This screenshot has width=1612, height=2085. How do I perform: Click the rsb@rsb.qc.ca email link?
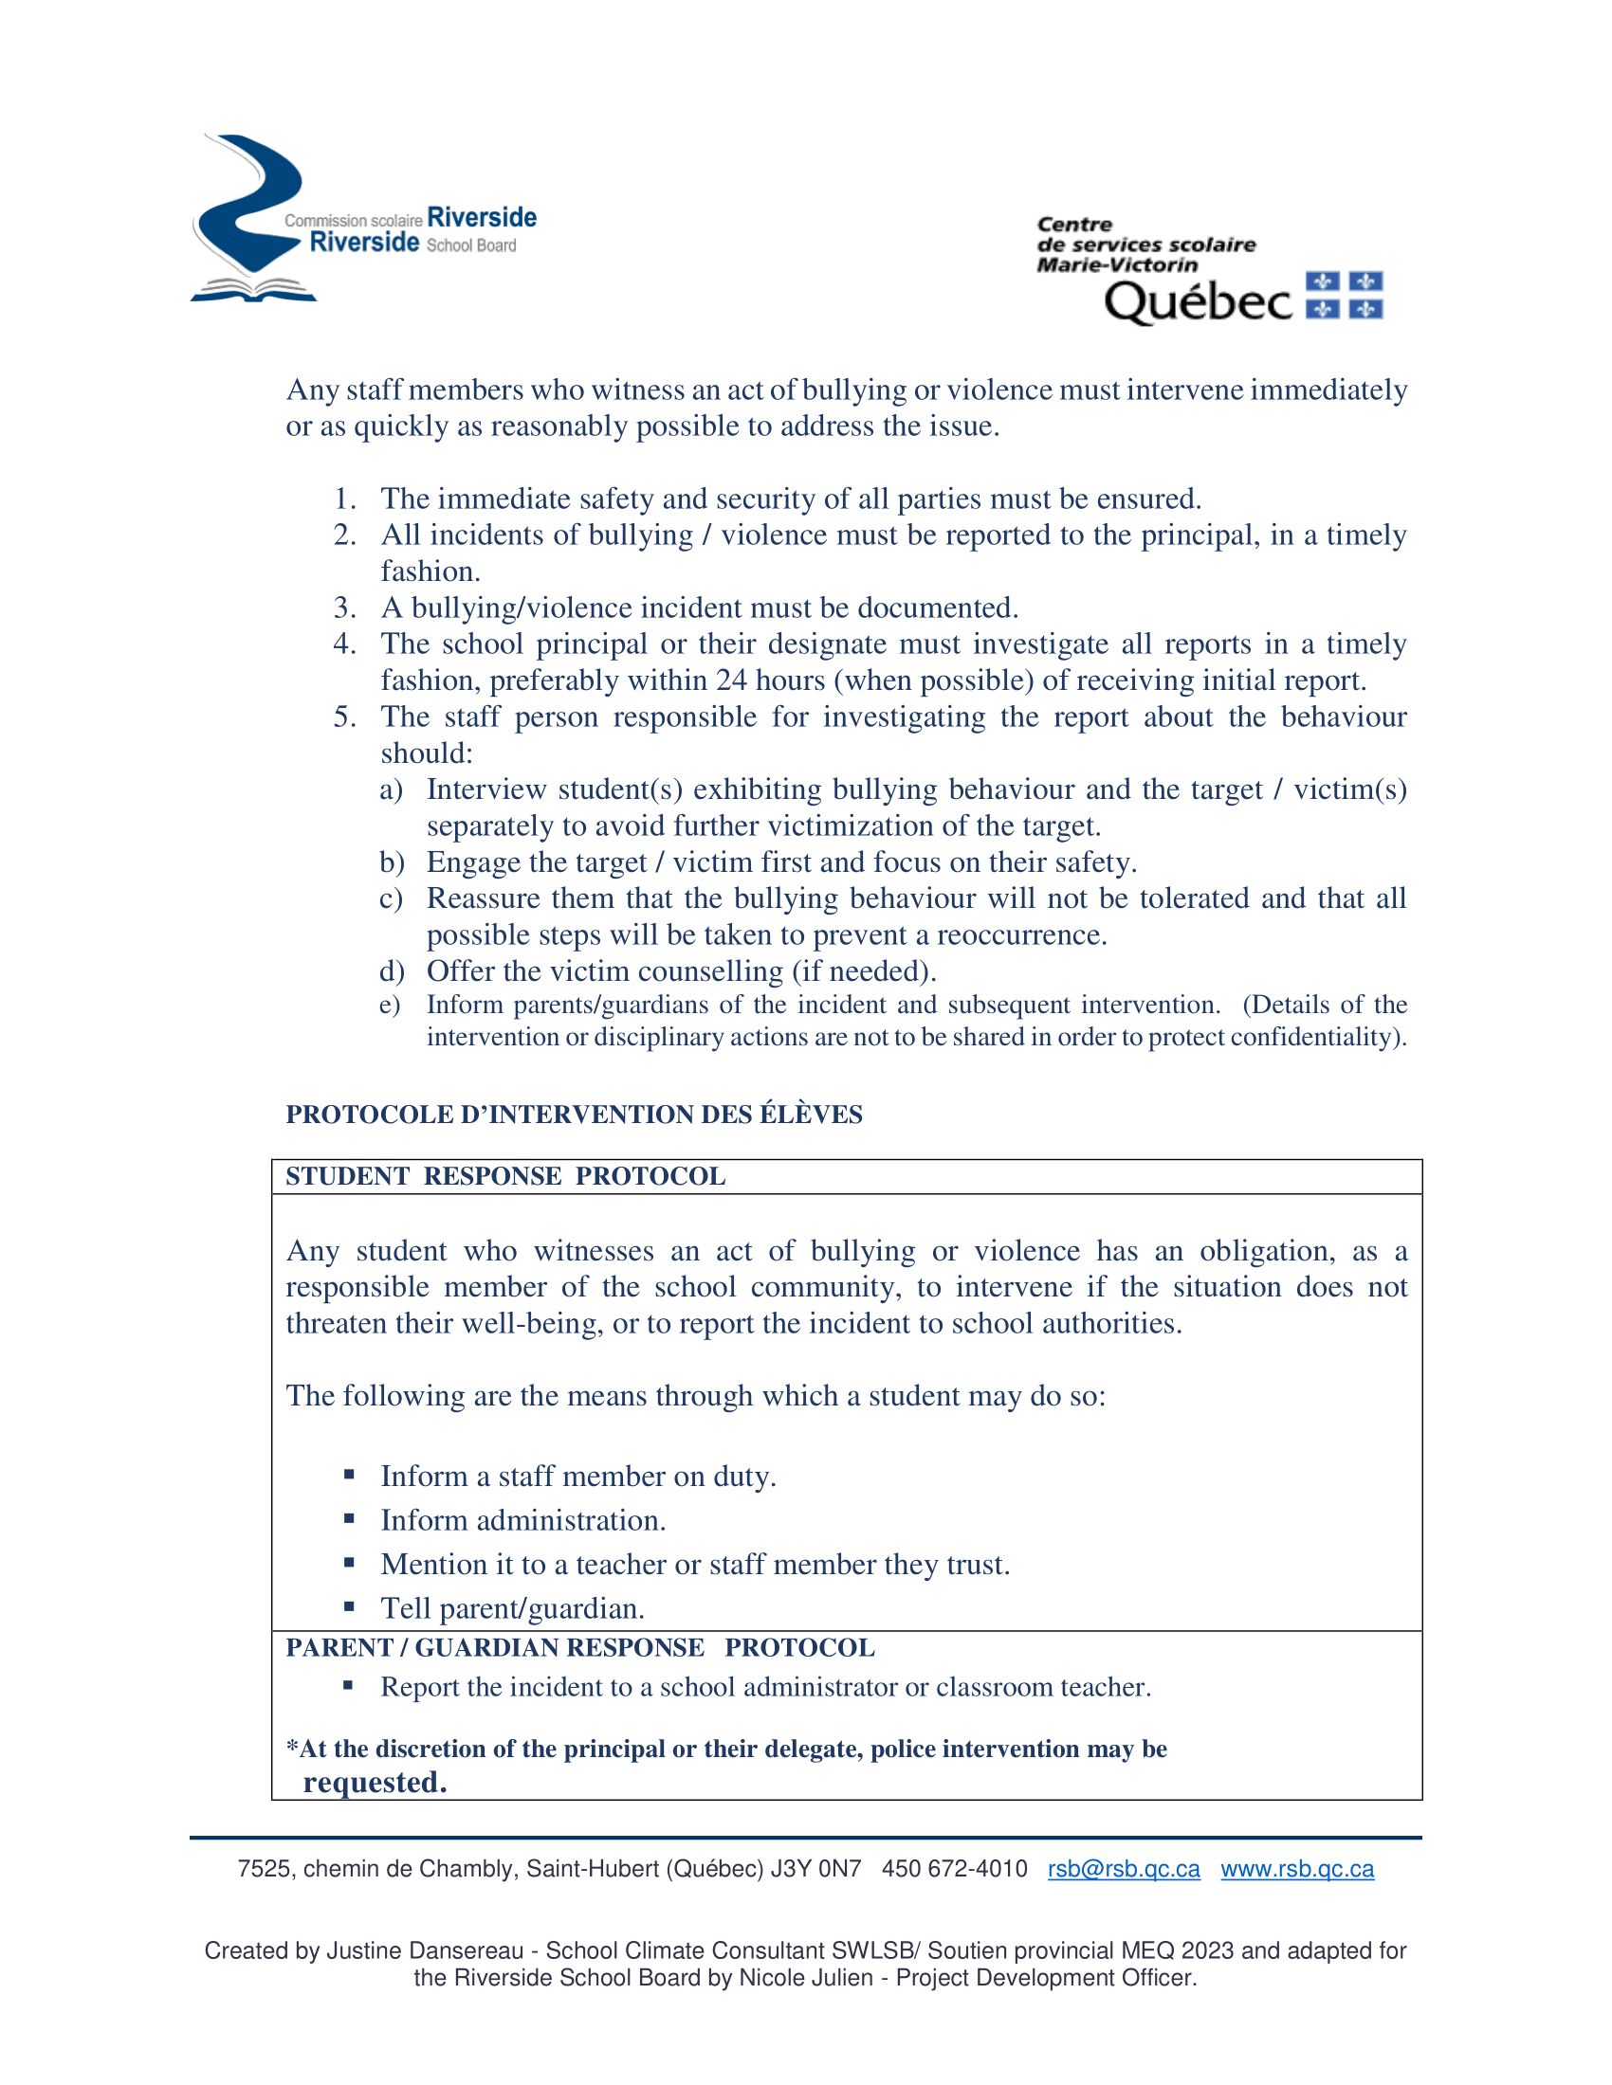tap(1123, 1868)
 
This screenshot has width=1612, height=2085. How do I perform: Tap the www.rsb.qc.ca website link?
tap(1297, 1868)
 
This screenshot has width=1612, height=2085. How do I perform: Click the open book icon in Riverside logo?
tap(253, 288)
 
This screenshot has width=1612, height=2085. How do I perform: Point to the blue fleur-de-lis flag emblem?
tap(1344, 295)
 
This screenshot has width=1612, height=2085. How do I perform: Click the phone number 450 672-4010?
tap(954, 1868)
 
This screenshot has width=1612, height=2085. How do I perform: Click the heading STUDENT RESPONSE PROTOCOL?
tap(505, 1176)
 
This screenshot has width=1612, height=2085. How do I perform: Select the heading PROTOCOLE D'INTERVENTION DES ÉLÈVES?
tap(574, 1115)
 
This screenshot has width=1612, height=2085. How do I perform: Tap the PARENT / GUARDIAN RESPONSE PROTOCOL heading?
tap(579, 1648)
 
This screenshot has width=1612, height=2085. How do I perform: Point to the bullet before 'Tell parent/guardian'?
tap(350, 1606)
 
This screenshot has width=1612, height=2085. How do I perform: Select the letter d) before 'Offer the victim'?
tap(392, 971)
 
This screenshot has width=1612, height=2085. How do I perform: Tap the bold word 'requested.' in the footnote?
tap(375, 1783)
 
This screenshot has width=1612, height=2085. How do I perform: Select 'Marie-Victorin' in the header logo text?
tap(1116, 264)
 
